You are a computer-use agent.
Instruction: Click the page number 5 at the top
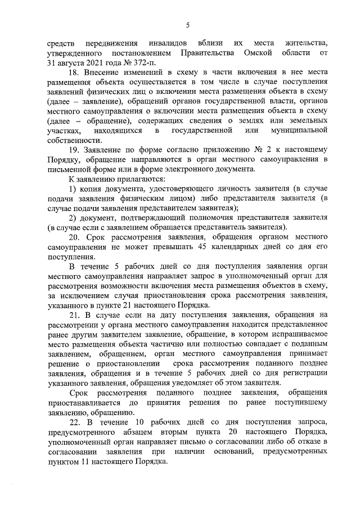point(187,24)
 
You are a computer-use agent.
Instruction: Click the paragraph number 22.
point(74,421)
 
